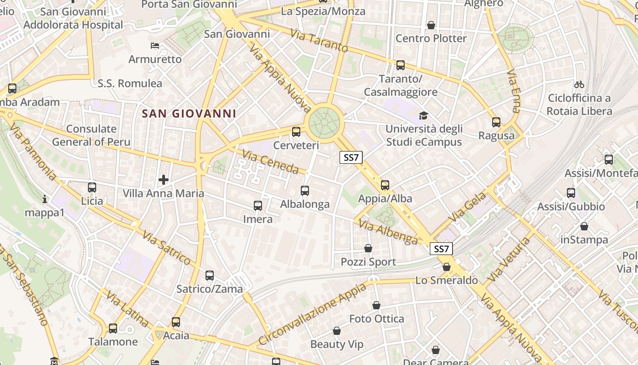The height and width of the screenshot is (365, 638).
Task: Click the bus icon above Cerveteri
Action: click(296, 132)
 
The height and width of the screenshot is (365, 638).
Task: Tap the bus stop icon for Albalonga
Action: click(305, 191)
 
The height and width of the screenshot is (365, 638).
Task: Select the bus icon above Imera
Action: click(258, 206)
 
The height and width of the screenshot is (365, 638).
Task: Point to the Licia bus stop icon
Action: click(92, 188)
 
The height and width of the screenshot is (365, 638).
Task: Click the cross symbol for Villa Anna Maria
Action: click(164, 180)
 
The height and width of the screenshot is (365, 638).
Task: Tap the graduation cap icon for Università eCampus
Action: click(424, 115)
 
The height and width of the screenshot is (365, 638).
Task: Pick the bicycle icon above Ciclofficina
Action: click(579, 84)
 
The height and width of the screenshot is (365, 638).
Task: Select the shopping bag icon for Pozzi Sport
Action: click(368, 249)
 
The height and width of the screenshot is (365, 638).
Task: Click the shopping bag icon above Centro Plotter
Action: click(431, 25)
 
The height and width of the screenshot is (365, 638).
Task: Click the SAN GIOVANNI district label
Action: click(189, 113)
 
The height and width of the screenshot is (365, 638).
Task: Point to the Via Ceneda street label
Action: click(271, 162)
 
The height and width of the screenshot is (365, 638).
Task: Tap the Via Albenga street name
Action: click(388, 231)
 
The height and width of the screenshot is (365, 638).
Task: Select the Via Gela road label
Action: click(469, 208)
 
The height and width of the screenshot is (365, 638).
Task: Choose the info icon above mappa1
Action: click(45, 199)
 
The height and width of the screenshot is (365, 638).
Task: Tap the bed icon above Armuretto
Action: click(155, 46)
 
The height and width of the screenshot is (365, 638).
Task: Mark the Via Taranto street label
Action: click(319, 40)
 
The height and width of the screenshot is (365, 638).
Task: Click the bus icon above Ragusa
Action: click(496, 122)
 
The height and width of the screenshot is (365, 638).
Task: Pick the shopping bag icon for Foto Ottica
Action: click(376, 305)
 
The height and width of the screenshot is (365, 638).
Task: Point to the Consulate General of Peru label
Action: click(91, 135)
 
